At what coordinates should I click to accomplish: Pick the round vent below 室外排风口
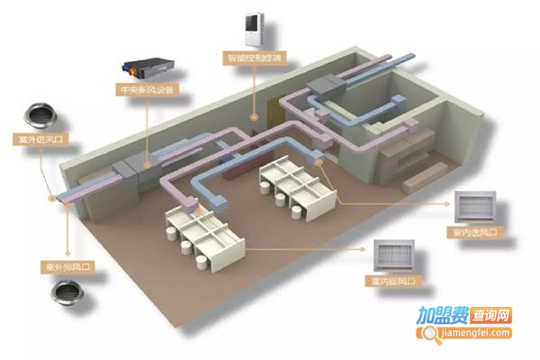coord(65,293)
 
